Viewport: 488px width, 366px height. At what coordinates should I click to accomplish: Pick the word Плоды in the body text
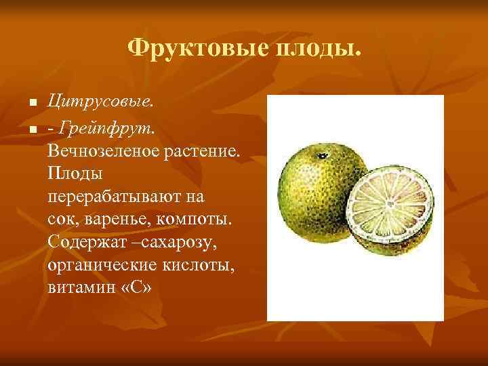click(75, 173)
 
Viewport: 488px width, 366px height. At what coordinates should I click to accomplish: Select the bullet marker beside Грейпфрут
click(31, 127)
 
